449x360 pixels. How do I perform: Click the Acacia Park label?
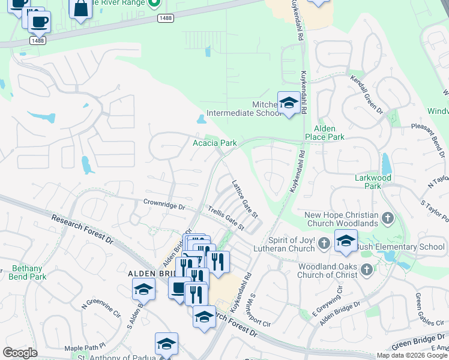[x=214, y=143]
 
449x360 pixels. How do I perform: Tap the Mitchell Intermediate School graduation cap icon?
[x=289, y=103]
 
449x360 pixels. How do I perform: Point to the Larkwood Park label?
[x=373, y=182]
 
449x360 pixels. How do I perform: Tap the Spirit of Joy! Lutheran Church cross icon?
[x=324, y=243]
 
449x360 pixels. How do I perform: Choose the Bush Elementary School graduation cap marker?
[x=346, y=241]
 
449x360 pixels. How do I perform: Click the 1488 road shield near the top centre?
[x=166, y=19]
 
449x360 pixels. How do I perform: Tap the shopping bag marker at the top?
[x=80, y=9]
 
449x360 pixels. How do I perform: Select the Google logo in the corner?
[x=20, y=353]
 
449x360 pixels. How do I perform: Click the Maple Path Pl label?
[x=85, y=347]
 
